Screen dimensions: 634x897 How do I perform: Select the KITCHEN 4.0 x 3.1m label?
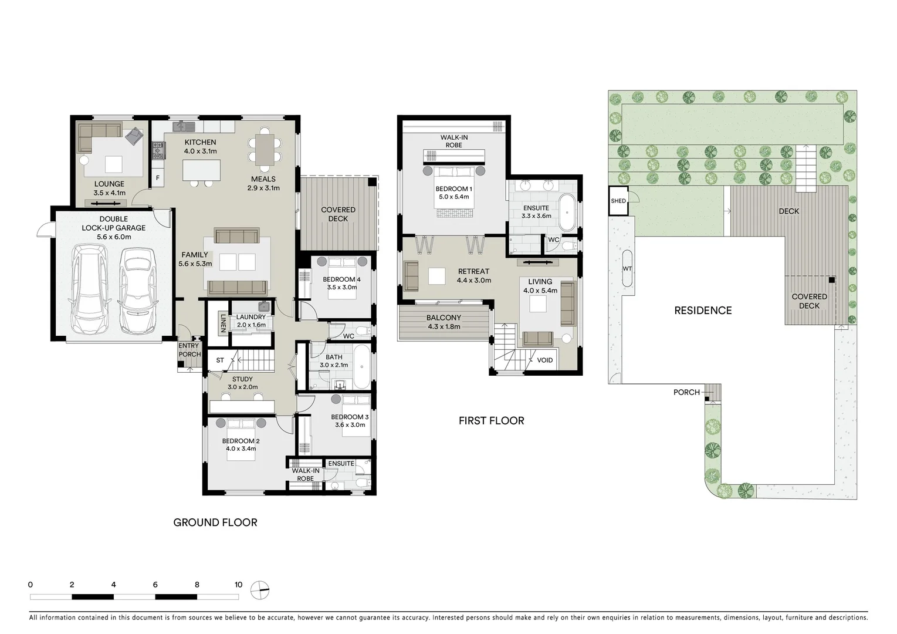coord(201,146)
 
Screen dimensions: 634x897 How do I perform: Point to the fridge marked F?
coord(157,177)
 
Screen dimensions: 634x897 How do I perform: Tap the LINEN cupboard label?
coord(223,323)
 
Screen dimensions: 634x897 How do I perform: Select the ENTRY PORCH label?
coord(189,350)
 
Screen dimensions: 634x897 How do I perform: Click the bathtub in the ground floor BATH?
coord(361,366)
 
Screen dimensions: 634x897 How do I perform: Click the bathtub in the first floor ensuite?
coord(567,212)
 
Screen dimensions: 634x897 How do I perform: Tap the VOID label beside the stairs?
coord(544,360)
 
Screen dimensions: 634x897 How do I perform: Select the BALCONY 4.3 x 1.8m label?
coord(444,322)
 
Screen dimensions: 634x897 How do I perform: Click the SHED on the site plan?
coord(618,201)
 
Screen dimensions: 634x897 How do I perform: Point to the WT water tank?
coord(627,269)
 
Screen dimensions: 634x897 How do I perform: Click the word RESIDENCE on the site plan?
coord(703,311)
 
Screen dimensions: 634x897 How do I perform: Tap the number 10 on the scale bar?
coord(238,585)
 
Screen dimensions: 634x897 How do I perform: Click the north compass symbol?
coord(259,589)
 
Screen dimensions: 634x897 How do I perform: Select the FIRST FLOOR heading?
coord(491,420)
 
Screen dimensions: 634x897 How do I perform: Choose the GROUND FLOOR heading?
coord(215,522)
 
